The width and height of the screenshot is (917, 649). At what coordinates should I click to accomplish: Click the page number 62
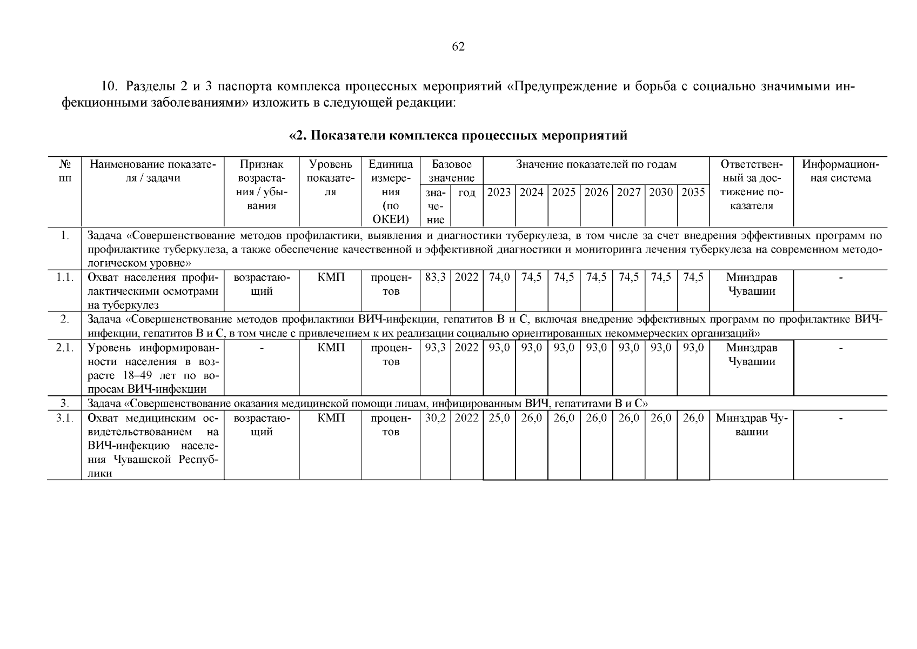pos(458,47)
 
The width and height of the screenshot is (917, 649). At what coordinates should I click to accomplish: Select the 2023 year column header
pos(499,193)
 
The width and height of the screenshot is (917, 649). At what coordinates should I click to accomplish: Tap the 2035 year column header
pos(693,193)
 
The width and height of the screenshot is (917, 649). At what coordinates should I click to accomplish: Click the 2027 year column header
pos(628,193)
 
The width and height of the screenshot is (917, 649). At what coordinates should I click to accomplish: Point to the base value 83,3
pos(435,277)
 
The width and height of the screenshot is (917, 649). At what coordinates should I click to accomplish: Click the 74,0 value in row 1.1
pos(499,277)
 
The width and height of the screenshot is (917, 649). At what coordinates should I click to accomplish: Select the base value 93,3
pos(435,348)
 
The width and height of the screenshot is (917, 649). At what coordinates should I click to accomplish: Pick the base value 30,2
pos(435,418)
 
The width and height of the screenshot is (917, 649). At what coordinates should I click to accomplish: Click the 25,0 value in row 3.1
pos(499,418)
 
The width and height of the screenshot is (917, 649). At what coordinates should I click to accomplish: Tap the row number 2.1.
pos(64,348)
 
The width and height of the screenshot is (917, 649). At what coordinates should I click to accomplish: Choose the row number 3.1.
pos(64,418)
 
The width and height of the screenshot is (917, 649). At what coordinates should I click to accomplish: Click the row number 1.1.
pos(64,277)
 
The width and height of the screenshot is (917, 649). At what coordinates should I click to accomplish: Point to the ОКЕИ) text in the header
pos(391,220)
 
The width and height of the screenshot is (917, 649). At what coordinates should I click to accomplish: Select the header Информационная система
pos(840,171)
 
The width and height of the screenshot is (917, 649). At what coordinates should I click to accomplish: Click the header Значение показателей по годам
pos(596,164)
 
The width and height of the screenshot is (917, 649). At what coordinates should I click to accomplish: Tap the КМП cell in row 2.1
pos(331,348)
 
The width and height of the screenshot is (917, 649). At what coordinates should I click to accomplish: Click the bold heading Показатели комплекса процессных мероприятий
pos(458,136)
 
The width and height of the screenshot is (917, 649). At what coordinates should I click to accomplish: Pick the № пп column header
pos(64,171)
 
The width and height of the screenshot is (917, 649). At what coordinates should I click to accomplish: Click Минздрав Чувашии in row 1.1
pos(751,284)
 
